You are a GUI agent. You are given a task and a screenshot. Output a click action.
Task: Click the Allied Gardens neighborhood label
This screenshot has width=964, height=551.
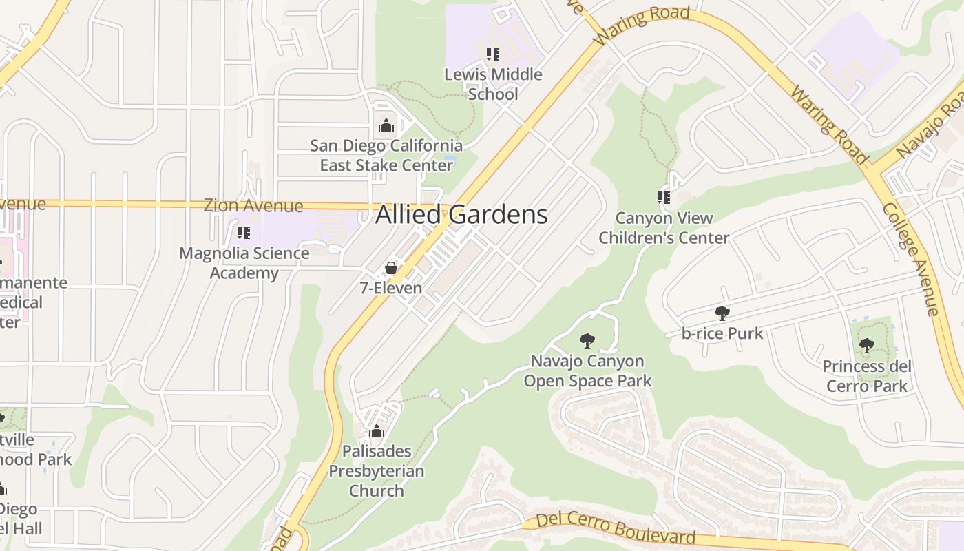click(x=461, y=215)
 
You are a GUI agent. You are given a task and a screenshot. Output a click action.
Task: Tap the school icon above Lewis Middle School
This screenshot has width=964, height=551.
click(x=492, y=54)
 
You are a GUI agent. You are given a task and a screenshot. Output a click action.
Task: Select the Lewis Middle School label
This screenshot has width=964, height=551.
click(x=493, y=84)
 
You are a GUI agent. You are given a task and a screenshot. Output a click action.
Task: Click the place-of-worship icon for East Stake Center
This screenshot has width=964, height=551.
click(x=386, y=125)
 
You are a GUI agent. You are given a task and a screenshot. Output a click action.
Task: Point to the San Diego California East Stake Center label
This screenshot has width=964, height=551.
click(x=386, y=156)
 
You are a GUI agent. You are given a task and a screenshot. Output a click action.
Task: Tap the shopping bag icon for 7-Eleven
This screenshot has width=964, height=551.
click(x=391, y=268)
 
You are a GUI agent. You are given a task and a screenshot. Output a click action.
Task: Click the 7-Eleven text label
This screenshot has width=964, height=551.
click(x=391, y=288)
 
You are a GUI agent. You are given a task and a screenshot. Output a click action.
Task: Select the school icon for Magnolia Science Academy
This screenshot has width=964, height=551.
click(x=243, y=233)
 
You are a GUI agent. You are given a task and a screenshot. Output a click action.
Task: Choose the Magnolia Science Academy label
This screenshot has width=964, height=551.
click(x=244, y=263)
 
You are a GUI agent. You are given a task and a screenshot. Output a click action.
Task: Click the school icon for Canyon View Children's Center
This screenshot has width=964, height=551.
click(x=664, y=198)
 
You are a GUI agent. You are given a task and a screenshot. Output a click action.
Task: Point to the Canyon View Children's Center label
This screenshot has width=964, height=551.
click(x=664, y=228)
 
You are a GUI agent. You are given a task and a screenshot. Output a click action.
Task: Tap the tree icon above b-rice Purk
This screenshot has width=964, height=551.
click(x=722, y=313)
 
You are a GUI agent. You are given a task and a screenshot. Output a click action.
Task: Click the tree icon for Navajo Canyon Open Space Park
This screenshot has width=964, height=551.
click(x=587, y=340)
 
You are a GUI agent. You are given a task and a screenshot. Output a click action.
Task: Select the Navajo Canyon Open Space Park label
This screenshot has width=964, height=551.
click(x=587, y=371)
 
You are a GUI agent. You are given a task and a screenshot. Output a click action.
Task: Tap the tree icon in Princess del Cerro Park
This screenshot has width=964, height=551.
click(x=867, y=346)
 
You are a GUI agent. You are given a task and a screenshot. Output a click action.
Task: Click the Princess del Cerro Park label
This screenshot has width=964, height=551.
click(x=867, y=376)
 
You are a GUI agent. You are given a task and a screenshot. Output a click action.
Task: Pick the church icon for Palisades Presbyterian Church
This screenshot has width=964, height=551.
click(x=376, y=432)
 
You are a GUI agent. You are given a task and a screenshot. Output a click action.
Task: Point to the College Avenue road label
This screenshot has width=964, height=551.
click(x=912, y=259)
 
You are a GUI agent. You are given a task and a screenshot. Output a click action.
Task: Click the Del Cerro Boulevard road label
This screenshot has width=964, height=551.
click(x=616, y=528)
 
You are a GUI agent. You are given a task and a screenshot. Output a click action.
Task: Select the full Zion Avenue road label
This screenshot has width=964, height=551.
click(x=253, y=205)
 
